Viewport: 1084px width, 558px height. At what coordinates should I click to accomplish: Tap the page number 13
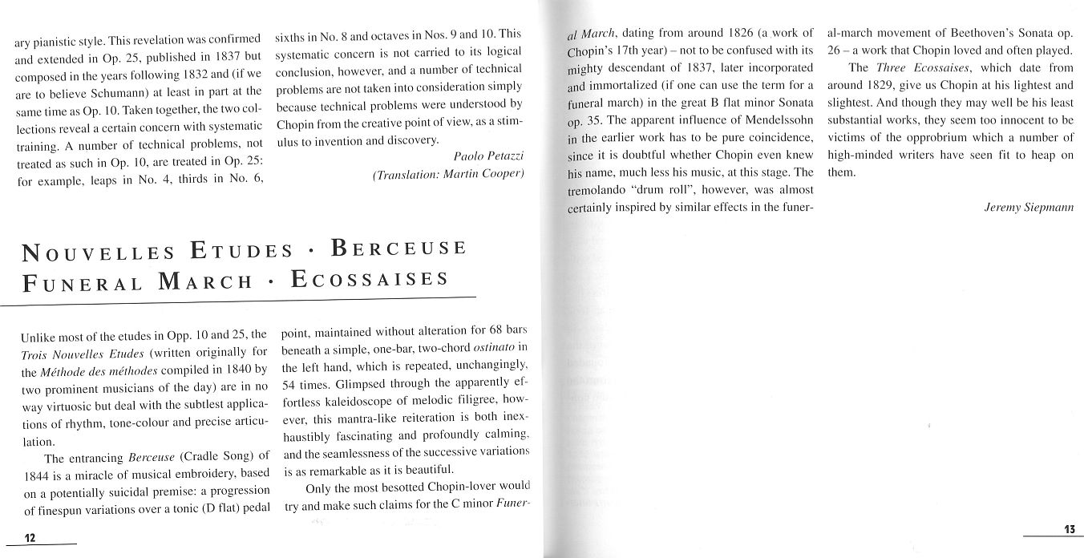[1069, 529]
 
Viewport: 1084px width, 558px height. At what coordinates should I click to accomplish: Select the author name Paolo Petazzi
[488, 156]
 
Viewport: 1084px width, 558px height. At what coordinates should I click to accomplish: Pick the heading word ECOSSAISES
[370, 280]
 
